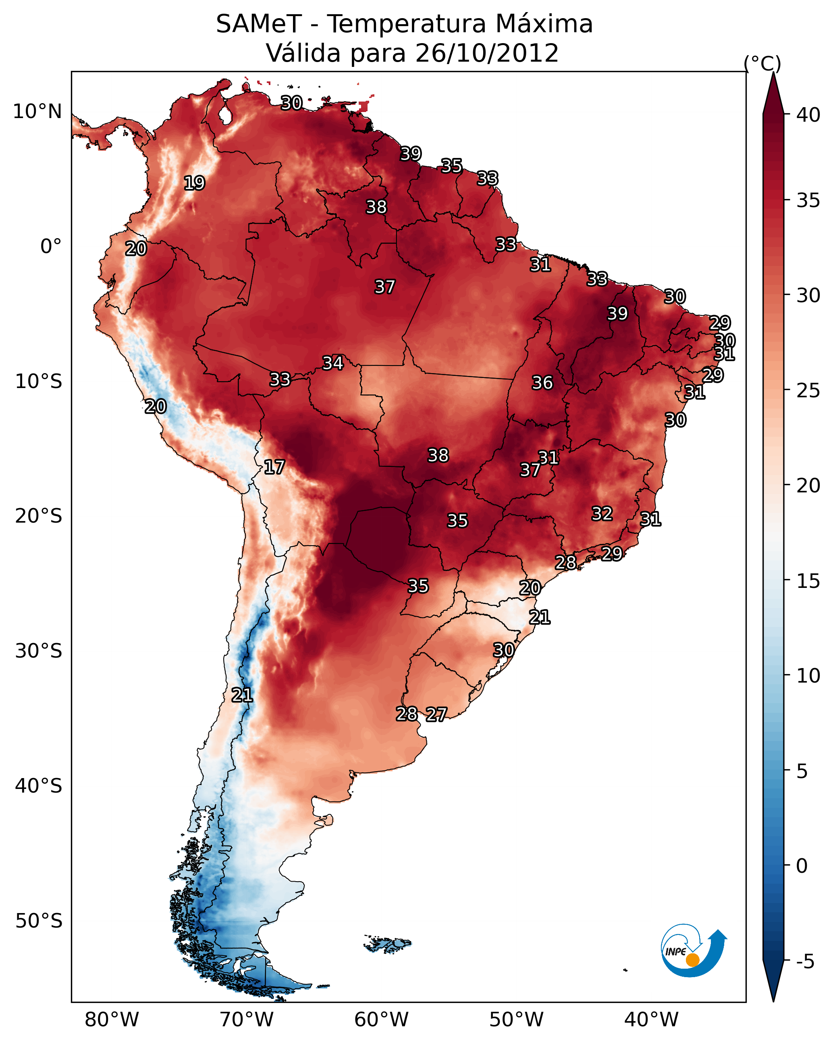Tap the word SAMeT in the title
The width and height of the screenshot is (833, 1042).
coord(259,24)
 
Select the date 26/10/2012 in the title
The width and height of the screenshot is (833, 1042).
coord(486,53)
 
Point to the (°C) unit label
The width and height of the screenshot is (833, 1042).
coord(762,63)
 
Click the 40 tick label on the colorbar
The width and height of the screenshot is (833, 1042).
coord(808,115)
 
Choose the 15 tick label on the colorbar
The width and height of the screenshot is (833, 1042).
coord(808,581)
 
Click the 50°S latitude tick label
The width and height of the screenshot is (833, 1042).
coord(39,921)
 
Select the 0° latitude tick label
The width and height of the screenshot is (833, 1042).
coord(51,247)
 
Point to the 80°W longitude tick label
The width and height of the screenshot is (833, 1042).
coord(112,1019)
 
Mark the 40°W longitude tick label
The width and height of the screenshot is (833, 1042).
coord(651,1019)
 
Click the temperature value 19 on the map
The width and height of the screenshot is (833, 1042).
coord(194,183)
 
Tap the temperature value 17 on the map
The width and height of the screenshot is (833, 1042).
coord(274,467)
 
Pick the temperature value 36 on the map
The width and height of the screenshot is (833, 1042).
coord(542,383)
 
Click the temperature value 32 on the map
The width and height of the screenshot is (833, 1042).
coord(602,513)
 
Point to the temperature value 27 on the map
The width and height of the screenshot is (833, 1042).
coord(436,714)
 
